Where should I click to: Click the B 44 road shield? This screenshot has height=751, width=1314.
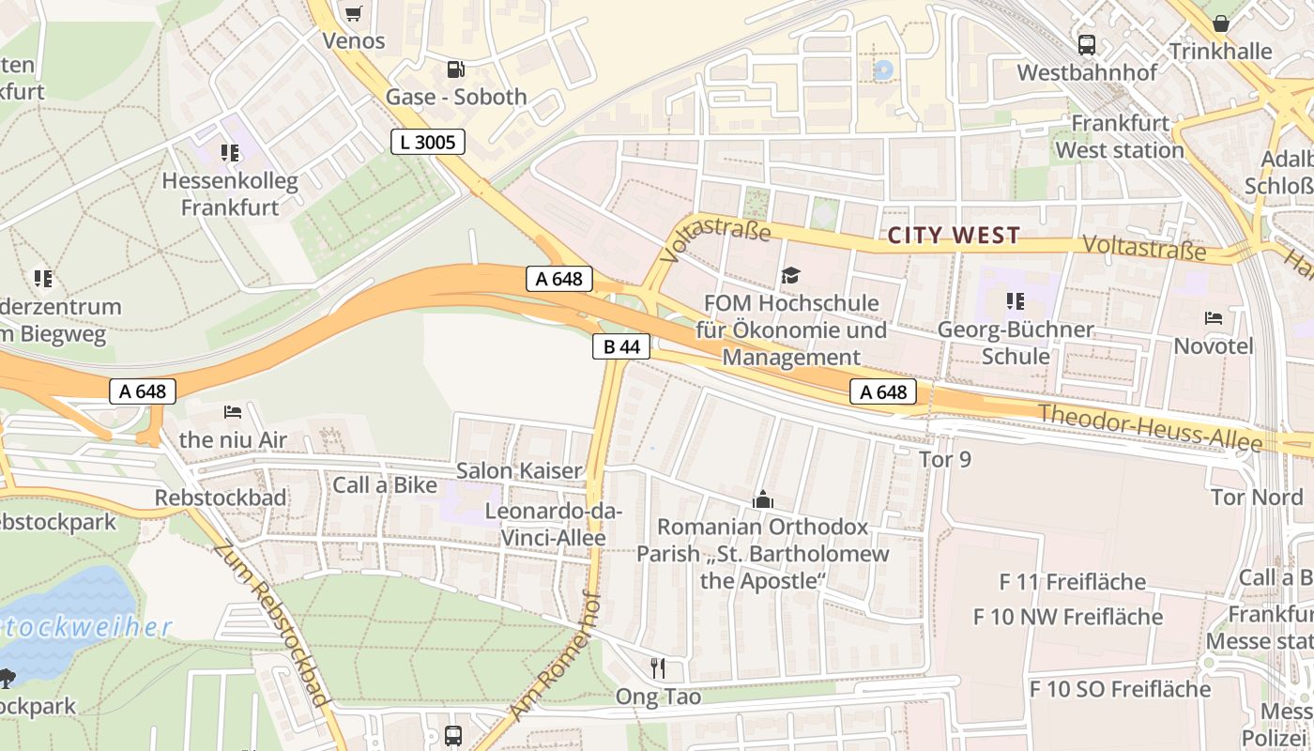coord(621,346)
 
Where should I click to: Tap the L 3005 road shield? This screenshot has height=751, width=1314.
coord(427,142)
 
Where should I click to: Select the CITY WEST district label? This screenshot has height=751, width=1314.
coord(954,236)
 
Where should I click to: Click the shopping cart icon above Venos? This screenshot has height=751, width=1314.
coord(353,13)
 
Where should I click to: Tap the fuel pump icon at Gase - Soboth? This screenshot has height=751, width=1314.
coord(455,69)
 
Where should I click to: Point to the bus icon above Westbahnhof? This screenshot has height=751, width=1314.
coord(1086,44)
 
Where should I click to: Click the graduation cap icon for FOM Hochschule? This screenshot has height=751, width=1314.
coord(790,275)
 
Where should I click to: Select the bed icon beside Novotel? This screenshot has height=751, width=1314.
coord(1214,318)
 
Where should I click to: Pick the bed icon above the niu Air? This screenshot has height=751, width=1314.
coord(233,411)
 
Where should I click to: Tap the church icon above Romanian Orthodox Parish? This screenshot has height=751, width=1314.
coord(762,499)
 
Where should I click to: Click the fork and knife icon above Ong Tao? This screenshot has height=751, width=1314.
coord(658,668)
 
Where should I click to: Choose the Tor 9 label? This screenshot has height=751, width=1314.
coord(944,459)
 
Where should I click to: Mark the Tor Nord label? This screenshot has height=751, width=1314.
coord(1257,497)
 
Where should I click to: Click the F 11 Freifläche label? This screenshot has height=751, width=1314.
coord(1072,582)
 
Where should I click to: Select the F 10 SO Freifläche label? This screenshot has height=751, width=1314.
coord(1120,689)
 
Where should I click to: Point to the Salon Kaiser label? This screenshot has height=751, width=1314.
coord(519,470)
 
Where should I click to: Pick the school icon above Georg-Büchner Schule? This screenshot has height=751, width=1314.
coord(1015,301)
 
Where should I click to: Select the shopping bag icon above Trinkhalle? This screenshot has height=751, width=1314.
coord(1220,23)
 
